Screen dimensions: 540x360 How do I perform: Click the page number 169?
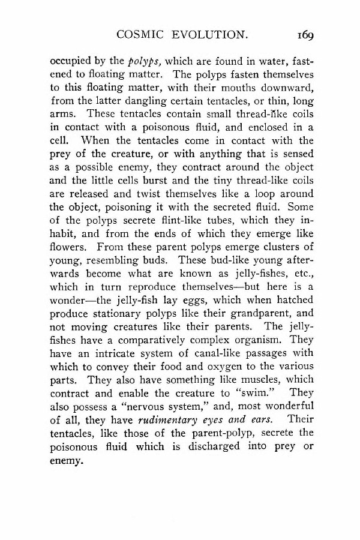[304, 35]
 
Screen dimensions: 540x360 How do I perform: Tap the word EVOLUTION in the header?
[214, 35]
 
